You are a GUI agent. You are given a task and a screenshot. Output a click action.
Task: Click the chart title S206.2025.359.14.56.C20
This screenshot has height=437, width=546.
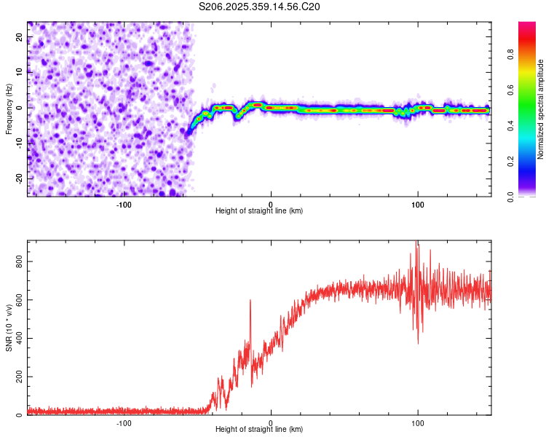coord(260,7)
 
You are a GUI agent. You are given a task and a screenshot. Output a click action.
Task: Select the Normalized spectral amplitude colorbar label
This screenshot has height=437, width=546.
coord(540,109)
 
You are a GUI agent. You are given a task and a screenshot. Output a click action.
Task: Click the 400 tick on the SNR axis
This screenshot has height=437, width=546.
coord(17,338)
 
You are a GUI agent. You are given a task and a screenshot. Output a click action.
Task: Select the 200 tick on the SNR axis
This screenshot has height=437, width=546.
coord(17,377)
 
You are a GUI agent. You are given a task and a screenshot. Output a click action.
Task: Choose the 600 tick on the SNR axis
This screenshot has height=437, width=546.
coord(17,299)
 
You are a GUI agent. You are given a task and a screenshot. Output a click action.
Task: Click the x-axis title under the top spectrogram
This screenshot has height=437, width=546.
coord(259,210)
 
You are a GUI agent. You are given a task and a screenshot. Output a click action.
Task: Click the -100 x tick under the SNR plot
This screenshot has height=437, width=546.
coord(124,422)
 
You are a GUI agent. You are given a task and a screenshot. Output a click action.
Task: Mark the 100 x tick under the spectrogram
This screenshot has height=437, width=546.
coord(417,204)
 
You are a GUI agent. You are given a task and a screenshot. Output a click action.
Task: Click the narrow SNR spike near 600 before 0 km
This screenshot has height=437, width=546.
coord(250,301)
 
